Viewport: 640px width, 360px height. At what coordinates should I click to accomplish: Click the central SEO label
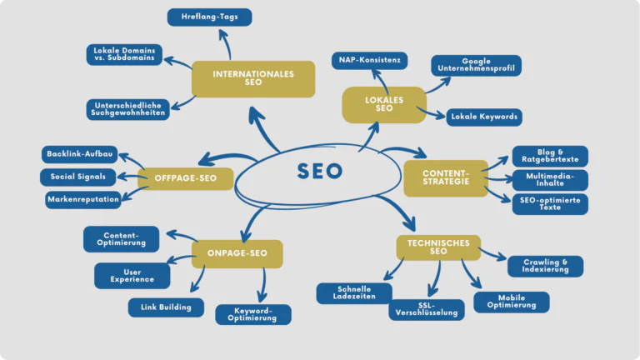(x=320, y=172)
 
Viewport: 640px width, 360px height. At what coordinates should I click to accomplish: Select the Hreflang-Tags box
(x=209, y=17)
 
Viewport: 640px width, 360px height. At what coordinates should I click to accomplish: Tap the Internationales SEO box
(x=253, y=79)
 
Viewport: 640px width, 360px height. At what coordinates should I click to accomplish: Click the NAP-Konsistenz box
(x=369, y=60)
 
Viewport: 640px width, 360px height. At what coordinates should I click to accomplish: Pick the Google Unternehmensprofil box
(x=476, y=66)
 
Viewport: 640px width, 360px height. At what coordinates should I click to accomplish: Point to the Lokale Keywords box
(x=483, y=117)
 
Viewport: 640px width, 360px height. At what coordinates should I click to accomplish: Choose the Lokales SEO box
(x=384, y=105)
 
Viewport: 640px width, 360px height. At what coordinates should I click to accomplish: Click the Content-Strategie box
(x=446, y=178)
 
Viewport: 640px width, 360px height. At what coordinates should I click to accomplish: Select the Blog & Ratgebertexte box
(x=550, y=156)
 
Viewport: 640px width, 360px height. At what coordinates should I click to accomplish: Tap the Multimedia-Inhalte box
(x=550, y=180)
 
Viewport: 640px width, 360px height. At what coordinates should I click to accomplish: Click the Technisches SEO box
(x=438, y=247)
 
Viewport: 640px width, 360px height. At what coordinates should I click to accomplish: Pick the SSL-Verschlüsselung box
(x=427, y=310)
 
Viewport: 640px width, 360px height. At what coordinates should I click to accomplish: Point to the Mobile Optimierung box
(x=512, y=302)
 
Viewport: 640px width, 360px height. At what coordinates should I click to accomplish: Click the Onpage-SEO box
(x=237, y=254)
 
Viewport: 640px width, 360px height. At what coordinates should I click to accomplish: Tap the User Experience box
(x=132, y=276)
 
